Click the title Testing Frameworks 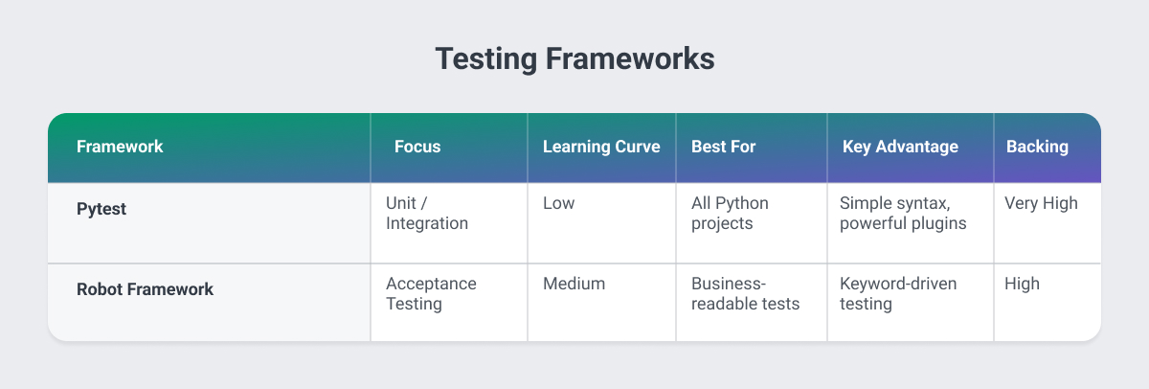click(574, 58)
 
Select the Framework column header click(120, 147)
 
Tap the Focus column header click(417, 147)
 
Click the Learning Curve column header click(601, 147)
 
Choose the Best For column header click(724, 147)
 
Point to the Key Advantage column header click(900, 147)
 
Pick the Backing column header click(1037, 147)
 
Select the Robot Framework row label click(145, 288)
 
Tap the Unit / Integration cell click(427, 213)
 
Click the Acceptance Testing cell click(431, 293)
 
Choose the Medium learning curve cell click(574, 284)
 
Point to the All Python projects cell click(730, 213)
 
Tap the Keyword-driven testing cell click(898, 293)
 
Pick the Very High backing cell click(1041, 203)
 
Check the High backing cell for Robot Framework click(1022, 284)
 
